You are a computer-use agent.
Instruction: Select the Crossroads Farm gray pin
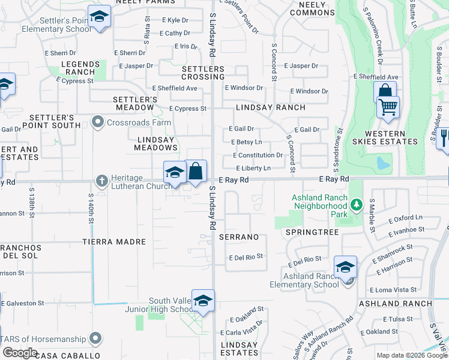pos(98,122)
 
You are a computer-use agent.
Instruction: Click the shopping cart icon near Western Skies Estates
pos(388,107)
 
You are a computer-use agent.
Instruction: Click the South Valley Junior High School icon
pos(203,301)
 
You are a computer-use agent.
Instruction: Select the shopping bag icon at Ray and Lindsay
pos(196,172)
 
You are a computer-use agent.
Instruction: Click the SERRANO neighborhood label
pos(239,237)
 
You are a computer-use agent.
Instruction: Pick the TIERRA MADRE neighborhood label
pos(114,242)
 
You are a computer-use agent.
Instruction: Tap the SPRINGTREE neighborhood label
pos(312,232)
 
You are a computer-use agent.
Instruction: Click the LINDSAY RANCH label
pos(270,107)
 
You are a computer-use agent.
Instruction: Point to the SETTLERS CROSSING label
pos(203,73)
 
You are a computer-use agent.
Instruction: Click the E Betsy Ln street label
pos(246,142)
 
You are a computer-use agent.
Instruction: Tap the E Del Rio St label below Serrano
pos(246,257)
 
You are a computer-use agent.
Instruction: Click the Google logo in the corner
pos(20,353)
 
